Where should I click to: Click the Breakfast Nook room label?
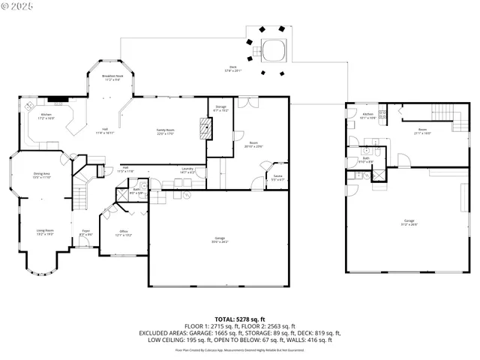tap(113, 77)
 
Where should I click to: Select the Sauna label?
tap(277, 178)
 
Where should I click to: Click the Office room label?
tap(124, 233)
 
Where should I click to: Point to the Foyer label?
tap(85, 233)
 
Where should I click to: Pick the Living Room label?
tap(45, 232)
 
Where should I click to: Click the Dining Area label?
tap(42, 175)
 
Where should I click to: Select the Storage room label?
tap(221, 108)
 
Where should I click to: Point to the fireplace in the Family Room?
tap(205, 128)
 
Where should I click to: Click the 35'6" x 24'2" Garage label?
tap(220, 240)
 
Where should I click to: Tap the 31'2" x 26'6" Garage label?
tap(409, 222)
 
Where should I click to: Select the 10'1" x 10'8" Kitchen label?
tap(368, 115)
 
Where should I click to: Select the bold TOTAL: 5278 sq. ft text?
tap(239, 318)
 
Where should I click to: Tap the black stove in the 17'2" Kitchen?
tap(56, 98)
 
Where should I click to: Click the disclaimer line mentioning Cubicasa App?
tap(239, 349)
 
